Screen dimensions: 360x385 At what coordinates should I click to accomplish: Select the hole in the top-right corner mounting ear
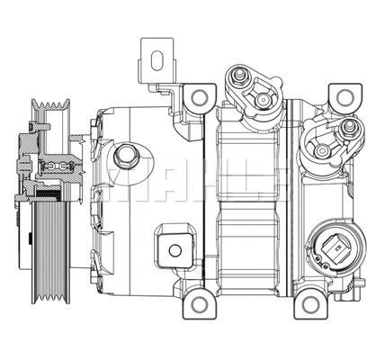pos(343,98)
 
